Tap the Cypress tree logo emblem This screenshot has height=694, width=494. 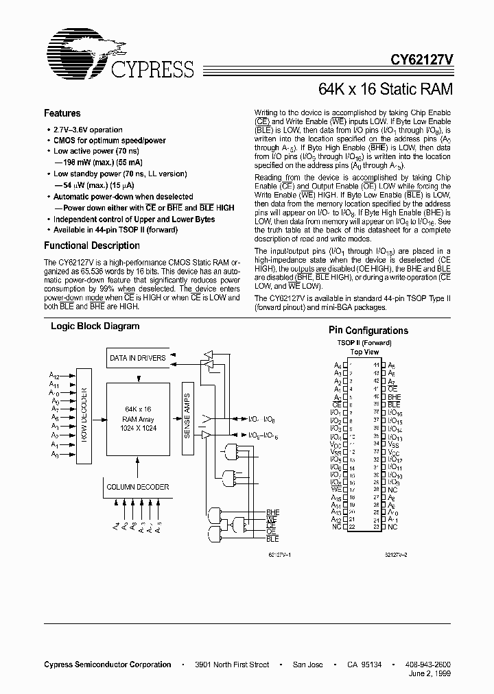[x=77, y=55]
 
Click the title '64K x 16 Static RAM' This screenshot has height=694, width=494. [x=385, y=89]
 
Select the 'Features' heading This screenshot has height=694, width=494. [x=62, y=113]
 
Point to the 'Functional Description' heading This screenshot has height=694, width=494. [x=82, y=246]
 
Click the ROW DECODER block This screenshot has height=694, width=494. [x=84, y=416]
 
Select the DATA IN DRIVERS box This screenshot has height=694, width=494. [x=137, y=357]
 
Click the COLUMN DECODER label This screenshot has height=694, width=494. [x=137, y=487]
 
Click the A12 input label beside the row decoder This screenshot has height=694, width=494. [x=55, y=376]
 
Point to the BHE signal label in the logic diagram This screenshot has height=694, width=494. [x=273, y=512]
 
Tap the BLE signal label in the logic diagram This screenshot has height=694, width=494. [x=272, y=540]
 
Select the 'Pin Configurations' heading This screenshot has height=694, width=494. [x=368, y=331]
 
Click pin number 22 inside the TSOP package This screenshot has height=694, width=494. [x=351, y=527]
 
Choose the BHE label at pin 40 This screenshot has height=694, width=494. [x=395, y=396]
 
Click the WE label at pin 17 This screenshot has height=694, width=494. [x=336, y=488]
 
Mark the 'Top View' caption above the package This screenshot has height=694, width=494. [x=365, y=352]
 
